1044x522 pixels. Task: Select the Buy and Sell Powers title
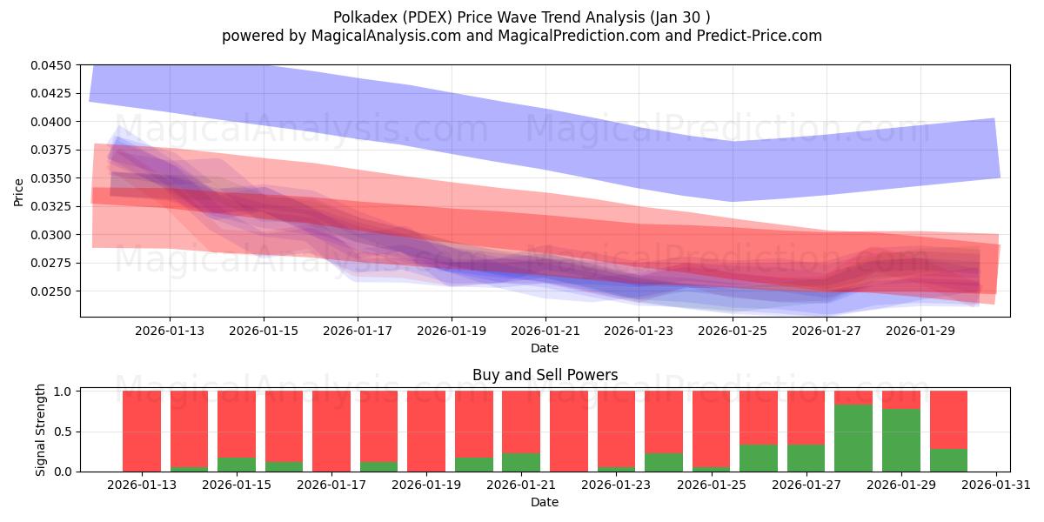coord(545,375)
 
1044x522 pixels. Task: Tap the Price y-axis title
coord(19,191)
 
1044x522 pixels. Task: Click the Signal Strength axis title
coord(41,431)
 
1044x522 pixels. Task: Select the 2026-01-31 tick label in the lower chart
coord(995,485)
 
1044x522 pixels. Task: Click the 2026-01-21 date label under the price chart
coord(545,330)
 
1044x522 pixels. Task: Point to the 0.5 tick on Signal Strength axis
coord(64,432)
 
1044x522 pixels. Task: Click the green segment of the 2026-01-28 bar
coord(853,438)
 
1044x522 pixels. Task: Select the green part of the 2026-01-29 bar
coord(900,440)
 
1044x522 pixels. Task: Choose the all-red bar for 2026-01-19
coord(426,431)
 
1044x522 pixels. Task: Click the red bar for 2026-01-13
coord(142,431)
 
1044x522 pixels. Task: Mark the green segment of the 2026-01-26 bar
coord(759,458)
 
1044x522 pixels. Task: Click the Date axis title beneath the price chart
coord(545,348)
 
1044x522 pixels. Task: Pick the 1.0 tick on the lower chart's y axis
coord(64,391)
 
